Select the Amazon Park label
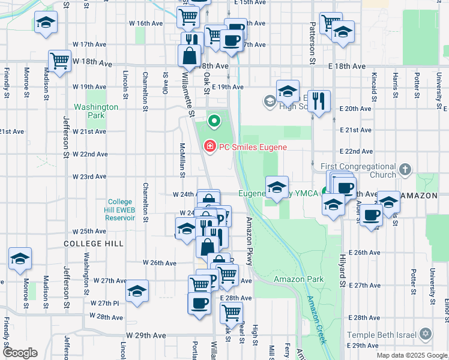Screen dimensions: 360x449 point(298,279)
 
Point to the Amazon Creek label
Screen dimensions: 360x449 point(316,320)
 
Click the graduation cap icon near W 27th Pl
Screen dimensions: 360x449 point(137,291)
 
